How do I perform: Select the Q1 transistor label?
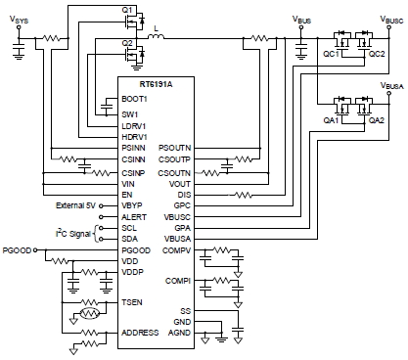pos(127,10)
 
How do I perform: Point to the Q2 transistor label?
pos(127,44)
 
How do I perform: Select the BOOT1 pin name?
pos(134,99)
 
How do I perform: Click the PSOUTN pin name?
pos(176,146)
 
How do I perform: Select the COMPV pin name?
pos(177,251)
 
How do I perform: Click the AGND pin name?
pos(179,334)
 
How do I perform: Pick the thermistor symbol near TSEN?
pos(88,315)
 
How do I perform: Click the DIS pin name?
pos(185,195)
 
